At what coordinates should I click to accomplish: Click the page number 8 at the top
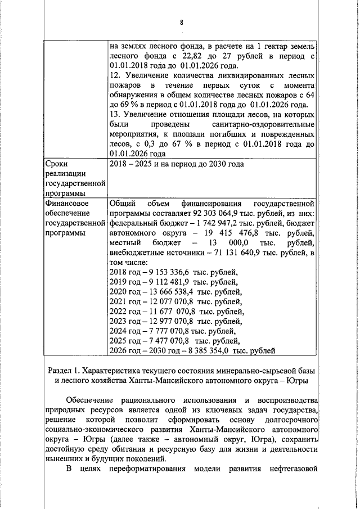point(181,22)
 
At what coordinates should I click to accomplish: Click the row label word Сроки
point(56,164)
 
